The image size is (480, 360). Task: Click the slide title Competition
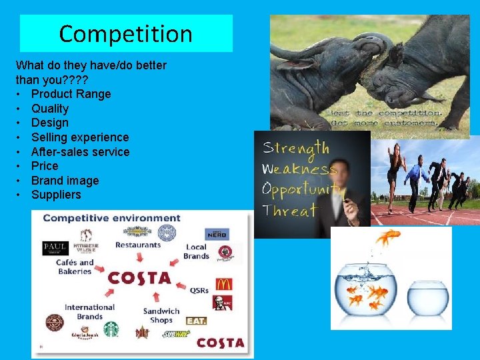(x=125, y=33)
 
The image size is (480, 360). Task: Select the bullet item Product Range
(x=71, y=94)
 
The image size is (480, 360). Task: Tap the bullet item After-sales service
(x=80, y=151)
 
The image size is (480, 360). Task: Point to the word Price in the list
(x=45, y=166)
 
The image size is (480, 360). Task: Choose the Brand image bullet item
(x=65, y=181)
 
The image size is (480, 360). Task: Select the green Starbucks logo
(x=111, y=329)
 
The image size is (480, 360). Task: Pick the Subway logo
(x=176, y=333)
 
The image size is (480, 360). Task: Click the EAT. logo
(x=196, y=321)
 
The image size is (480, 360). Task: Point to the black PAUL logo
(x=55, y=247)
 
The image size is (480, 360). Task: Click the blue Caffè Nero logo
(x=217, y=233)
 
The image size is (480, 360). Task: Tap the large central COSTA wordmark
(x=139, y=278)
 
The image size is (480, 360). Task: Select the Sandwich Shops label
(x=161, y=315)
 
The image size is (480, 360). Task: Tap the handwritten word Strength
(x=295, y=148)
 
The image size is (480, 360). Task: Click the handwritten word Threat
(x=289, y=211)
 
